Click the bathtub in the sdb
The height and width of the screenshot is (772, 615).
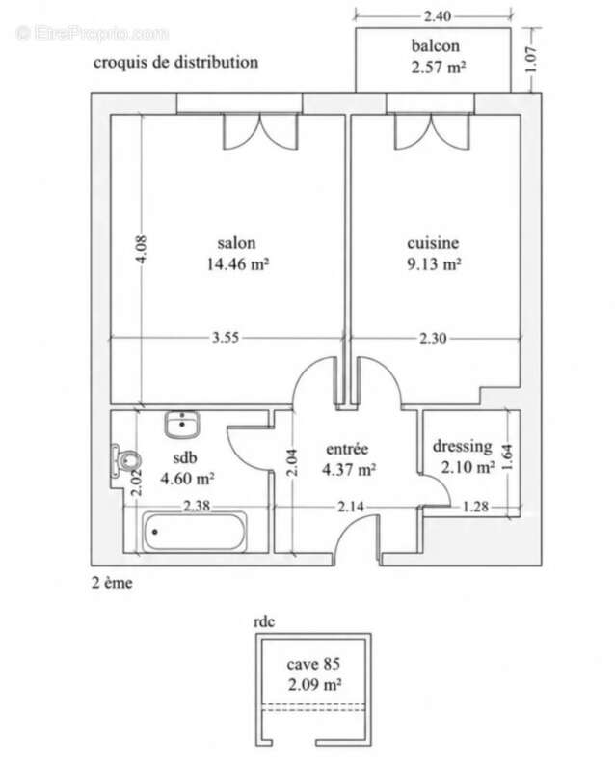click(x=195, y=533)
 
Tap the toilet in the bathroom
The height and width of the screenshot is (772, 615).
click(x=125, y=461)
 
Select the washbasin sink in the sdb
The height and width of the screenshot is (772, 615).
click(x=182, y=425)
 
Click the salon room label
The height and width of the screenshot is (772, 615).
click(x=237, y=243)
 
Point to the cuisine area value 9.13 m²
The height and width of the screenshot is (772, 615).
click(x=434, y=264)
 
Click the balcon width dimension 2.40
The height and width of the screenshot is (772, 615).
click(x=438, y=16)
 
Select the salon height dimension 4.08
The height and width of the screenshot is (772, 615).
click(x=141, y=250)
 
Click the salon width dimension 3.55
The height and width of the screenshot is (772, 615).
click(x=226, y=338)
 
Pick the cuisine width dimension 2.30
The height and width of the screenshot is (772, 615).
click(x=433, y=339)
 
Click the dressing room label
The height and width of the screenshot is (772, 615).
click(x=462, y=447)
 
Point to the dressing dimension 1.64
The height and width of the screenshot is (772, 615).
click(x=508, y=457)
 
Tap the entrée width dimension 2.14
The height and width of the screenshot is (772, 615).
click(x=351, y=506)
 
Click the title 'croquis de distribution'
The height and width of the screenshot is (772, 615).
click(x=175, y=63)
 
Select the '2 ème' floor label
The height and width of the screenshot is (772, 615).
click(x=112, y=583)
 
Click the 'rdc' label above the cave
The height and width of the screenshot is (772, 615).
click(x=264, y=621)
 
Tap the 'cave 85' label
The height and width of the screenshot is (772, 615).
click(x=313, y=664)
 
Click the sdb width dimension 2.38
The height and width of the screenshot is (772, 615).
click(x=197, y=506)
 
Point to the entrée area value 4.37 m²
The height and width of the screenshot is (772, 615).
click(x=349, y=470)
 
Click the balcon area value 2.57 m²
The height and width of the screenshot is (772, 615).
click(x=439, y=67)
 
